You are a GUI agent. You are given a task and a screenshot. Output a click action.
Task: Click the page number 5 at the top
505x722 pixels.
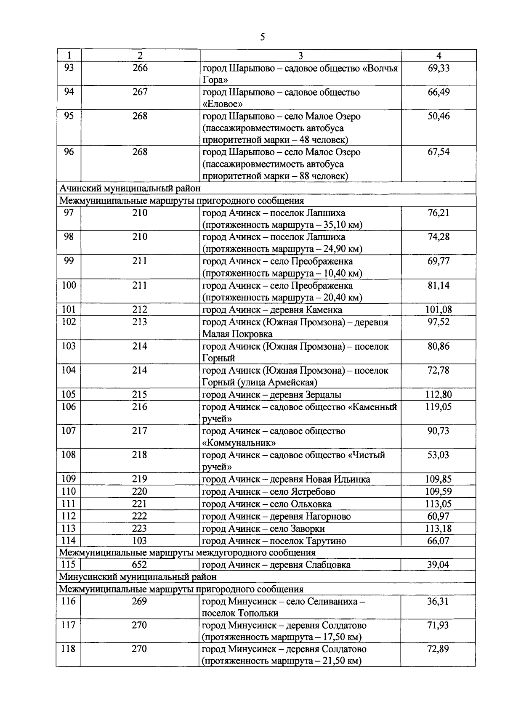(263, 37)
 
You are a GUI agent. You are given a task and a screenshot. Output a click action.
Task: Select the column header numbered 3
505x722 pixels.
(300, 56)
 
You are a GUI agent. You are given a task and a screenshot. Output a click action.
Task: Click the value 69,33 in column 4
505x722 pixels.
(439, 68)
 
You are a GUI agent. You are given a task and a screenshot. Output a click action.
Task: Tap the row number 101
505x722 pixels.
(69, 310)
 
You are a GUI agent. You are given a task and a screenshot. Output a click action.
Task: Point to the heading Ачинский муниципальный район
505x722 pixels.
(130, 188)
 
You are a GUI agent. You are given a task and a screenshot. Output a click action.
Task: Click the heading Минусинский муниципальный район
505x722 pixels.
(138, 576)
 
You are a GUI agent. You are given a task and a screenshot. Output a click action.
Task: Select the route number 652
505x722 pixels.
(139, 565)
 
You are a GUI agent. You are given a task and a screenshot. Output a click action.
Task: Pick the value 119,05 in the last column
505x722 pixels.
(439, 407)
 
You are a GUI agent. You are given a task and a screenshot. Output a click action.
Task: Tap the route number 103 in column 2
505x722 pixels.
(139, 541)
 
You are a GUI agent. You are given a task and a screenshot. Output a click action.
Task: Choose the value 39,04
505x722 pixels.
(438, 565)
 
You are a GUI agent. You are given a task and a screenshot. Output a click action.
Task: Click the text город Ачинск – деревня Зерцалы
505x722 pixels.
(272, 395)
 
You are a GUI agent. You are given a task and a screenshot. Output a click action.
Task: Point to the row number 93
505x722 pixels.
(69, 68)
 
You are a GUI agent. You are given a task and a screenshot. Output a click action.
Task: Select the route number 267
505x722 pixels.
(140, 92)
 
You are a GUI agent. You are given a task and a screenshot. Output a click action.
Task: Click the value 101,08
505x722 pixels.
(439, 310)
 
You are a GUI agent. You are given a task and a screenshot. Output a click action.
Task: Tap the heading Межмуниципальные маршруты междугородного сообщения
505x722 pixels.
(187, 552)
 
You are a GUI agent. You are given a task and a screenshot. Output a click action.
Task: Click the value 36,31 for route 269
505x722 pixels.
(438, 601)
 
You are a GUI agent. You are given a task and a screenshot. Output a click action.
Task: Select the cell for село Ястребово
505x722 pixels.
(269, 491)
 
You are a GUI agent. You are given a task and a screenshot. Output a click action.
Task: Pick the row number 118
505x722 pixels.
(68, 649)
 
